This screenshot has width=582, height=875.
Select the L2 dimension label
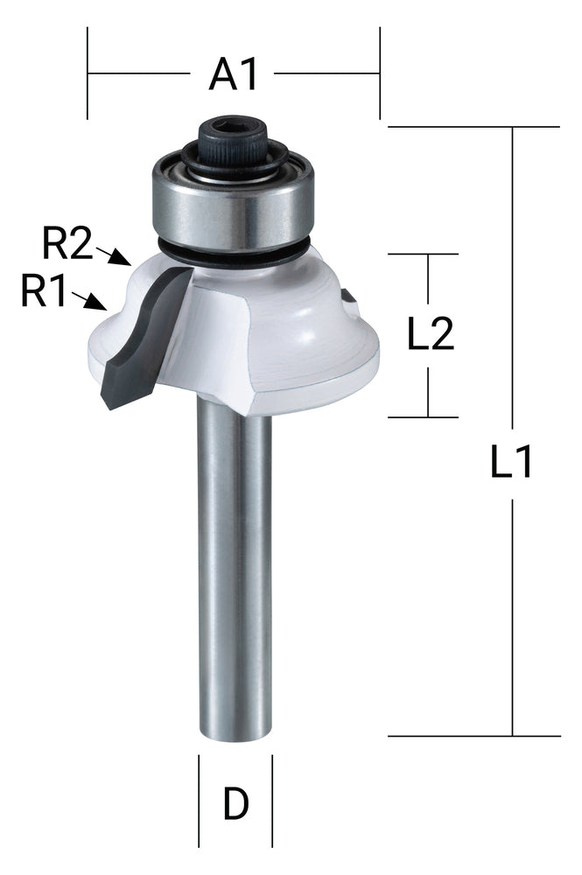tap(431, 334)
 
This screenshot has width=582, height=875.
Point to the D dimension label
tap(235, 803)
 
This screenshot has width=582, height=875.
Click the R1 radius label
tap(44, 291)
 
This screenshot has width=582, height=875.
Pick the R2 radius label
tap(67, 244)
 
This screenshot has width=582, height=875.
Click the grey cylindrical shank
tap(235, 569)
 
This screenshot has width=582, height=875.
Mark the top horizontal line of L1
tap(473, 127)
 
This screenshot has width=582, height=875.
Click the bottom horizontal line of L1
tap(473, 736)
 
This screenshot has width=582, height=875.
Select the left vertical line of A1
tap(88, 74)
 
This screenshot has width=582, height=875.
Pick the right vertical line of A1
tap(380, 74)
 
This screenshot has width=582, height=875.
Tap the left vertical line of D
tap(199, 801)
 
